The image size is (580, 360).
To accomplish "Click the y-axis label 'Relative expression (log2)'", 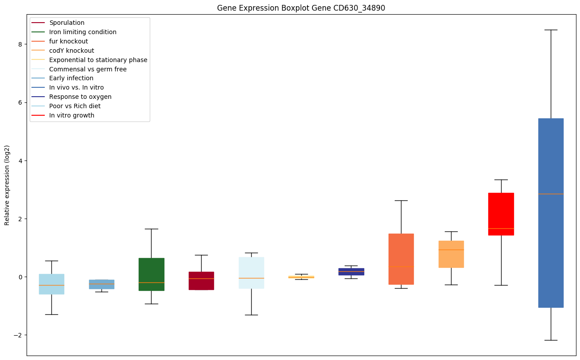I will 7,185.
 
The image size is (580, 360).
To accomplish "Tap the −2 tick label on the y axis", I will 18,335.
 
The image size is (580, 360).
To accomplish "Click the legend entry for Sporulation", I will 67,23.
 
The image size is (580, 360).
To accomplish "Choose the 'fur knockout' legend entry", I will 69,41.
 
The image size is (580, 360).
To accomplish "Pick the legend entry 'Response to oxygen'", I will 80,97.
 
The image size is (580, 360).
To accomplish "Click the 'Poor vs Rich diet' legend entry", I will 75,106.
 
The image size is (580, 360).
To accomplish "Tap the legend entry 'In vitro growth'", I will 72,115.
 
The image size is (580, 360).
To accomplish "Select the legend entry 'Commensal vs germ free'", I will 88,69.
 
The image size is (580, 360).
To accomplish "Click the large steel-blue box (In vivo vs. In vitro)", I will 551,248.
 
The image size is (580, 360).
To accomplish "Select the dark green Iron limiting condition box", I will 151,266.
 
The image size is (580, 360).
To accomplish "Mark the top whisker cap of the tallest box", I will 551,30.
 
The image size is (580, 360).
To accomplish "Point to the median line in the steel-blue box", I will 551,194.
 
